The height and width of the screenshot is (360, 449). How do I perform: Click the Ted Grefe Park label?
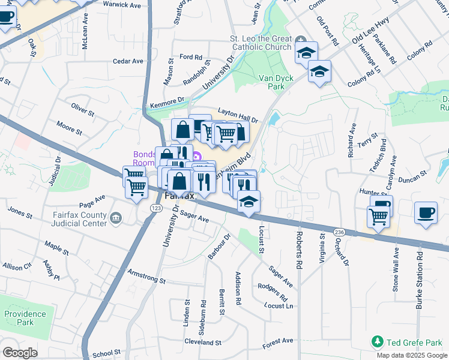coord(414,343)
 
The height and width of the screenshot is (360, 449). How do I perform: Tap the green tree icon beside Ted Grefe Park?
coord(377,342)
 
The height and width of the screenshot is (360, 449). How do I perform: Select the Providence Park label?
coord(25,318)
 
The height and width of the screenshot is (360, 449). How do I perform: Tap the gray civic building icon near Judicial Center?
coord(116,217)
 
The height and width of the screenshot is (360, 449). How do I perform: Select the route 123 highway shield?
coord(155,208)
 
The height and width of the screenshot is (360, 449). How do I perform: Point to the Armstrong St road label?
coord(146,276)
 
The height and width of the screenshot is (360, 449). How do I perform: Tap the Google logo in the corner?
coord(20,353)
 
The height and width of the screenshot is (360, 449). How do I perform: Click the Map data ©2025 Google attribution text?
coord(411,355)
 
